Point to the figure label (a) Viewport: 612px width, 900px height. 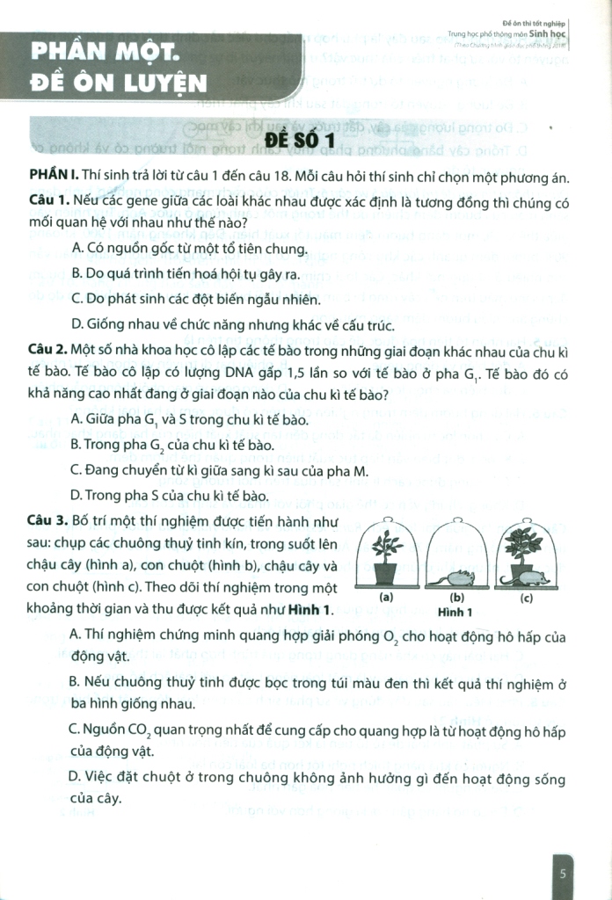tap(384, 597)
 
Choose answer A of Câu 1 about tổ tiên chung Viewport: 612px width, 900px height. tap(189, 249)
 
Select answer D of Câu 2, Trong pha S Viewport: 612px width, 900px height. tap(168, 497)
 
